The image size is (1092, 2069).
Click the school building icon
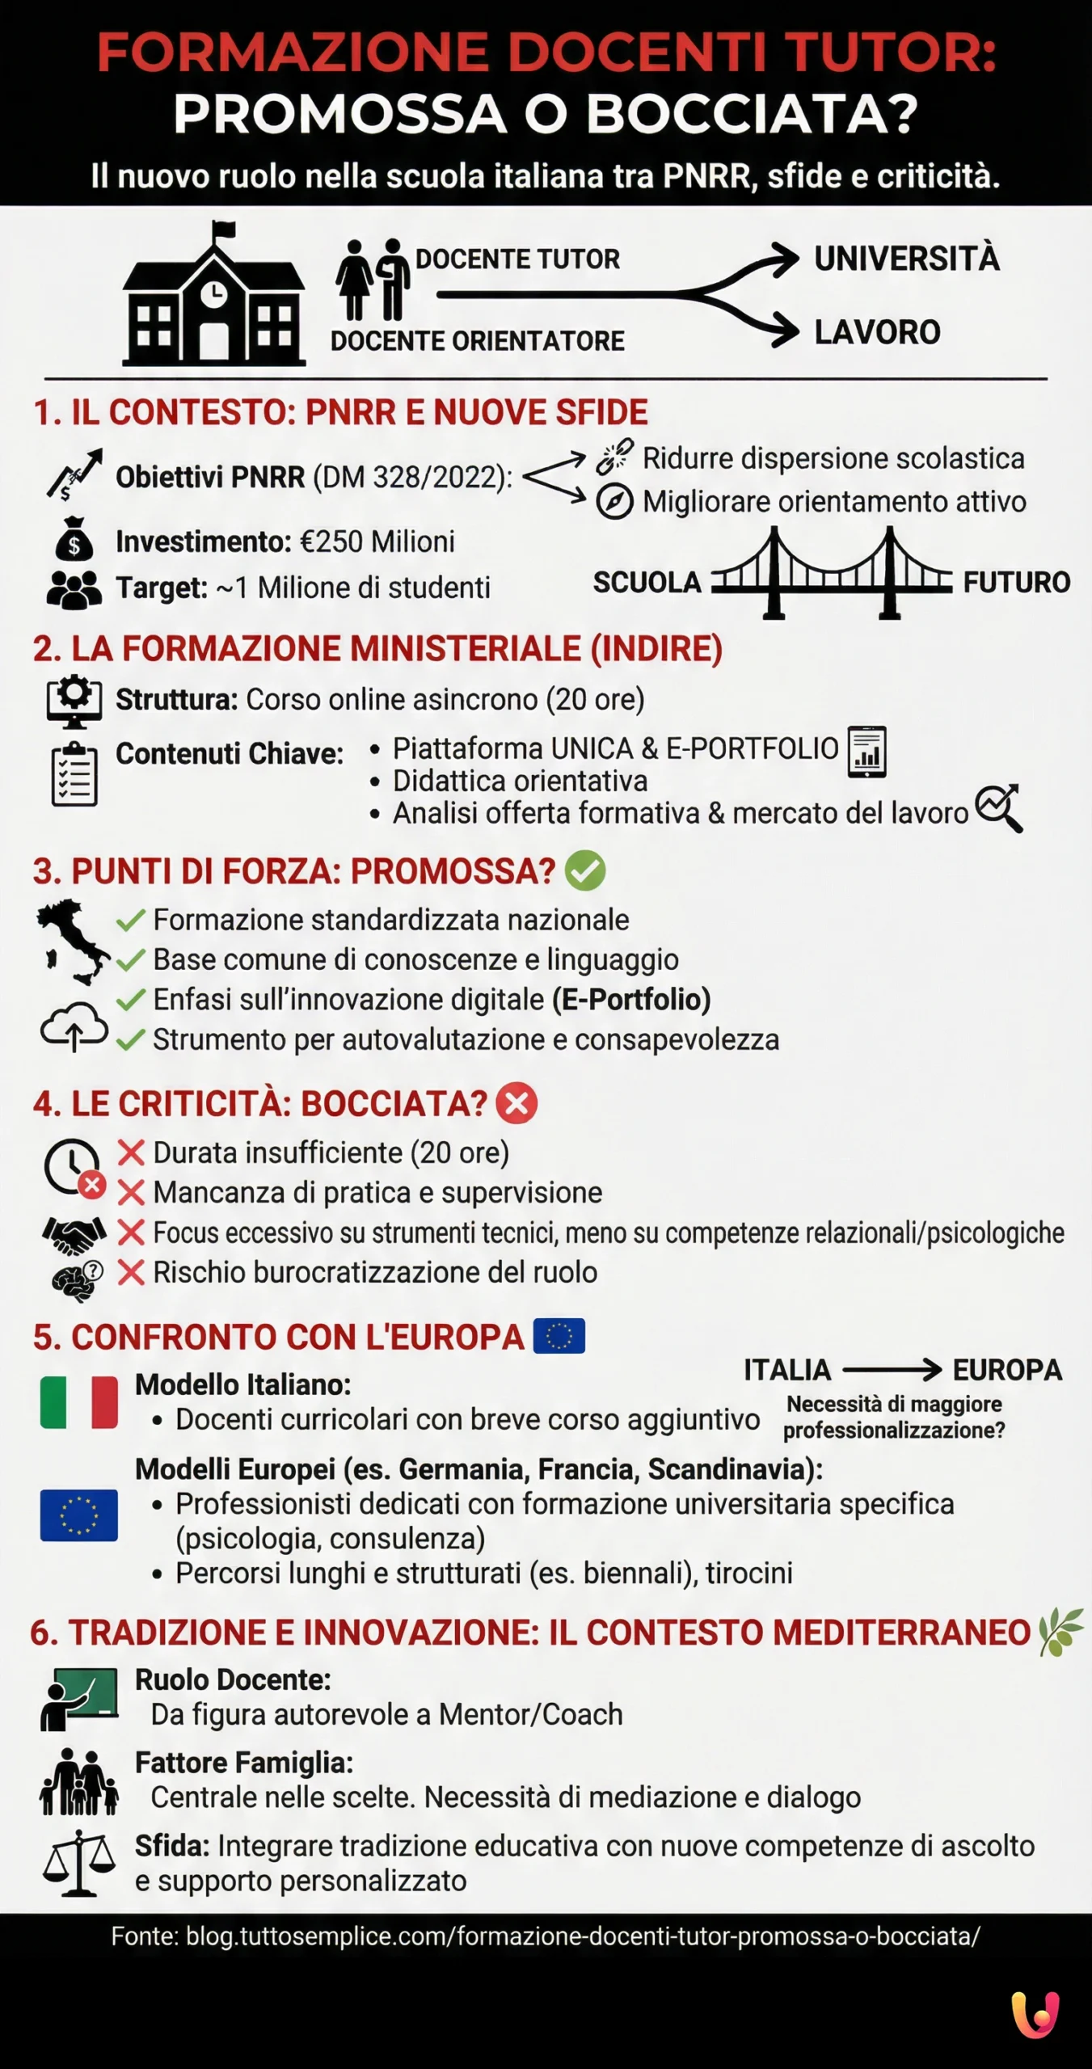tap(214, 296)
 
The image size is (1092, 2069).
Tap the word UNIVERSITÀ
tap(906, 259)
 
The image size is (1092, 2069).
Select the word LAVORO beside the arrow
tap(877, 332)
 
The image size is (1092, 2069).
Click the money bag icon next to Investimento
tap(74, 539)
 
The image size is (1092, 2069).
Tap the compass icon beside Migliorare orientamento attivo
tap(614, 502)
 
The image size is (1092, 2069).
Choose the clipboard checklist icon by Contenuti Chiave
tap(74, 774)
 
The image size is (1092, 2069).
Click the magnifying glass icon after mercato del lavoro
tap(999, 807)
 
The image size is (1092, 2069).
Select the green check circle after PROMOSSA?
tap(584, 871)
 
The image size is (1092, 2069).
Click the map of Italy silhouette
tap(73, 940)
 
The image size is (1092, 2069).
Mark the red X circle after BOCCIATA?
tap(516, 1104)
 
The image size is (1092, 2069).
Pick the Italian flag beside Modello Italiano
tap(78, 1402)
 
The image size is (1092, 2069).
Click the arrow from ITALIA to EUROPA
tap(892, 1370)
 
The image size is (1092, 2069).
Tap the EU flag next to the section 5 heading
tap(559, 1337)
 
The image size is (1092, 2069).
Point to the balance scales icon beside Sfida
tap(78, 1863)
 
